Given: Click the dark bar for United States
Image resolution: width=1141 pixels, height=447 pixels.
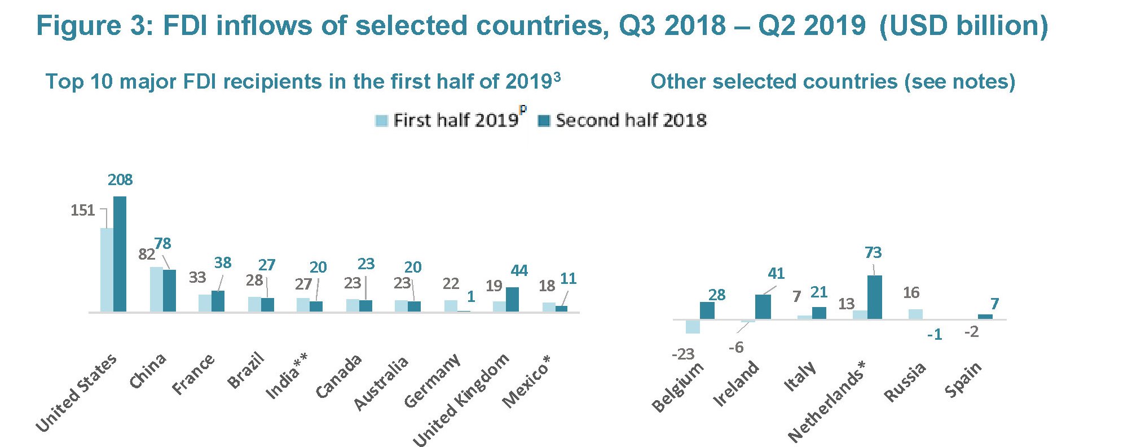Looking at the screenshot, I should click(120, 254).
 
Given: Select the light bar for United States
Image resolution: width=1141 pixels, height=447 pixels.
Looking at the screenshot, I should click(107, 270).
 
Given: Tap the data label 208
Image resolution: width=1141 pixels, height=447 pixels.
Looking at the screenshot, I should click(120, 179).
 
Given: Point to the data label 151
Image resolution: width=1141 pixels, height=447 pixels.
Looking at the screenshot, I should click(82, 211).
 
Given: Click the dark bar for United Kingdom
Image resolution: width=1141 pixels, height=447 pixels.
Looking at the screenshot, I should click(512, 299).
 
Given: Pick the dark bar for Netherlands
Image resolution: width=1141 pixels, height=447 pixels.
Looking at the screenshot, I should click(874, 297).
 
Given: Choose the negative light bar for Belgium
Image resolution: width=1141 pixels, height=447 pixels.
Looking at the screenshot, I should click(693, 326).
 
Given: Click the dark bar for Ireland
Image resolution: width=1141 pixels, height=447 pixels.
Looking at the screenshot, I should click(763, 307).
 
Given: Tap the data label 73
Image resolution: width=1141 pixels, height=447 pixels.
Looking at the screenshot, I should click(873, 252).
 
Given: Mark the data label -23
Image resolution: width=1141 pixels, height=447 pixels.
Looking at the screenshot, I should click(682, 354).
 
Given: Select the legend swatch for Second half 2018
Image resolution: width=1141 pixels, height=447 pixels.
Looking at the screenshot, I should click(544, 121).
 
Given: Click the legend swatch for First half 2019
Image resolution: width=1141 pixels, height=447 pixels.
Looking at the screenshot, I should click(382, 121).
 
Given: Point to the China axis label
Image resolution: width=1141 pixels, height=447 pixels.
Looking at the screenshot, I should click(148, 371).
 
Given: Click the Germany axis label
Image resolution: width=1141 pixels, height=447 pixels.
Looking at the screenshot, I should click(432, 381).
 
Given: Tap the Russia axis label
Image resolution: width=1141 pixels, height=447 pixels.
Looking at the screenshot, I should click(905, 382).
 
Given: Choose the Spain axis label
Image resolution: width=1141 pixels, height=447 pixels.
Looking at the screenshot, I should click(963, 380).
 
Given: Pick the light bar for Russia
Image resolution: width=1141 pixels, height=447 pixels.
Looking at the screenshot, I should click(915, 314).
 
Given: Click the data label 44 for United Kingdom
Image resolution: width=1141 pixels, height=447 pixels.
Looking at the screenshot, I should click(519, 271).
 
